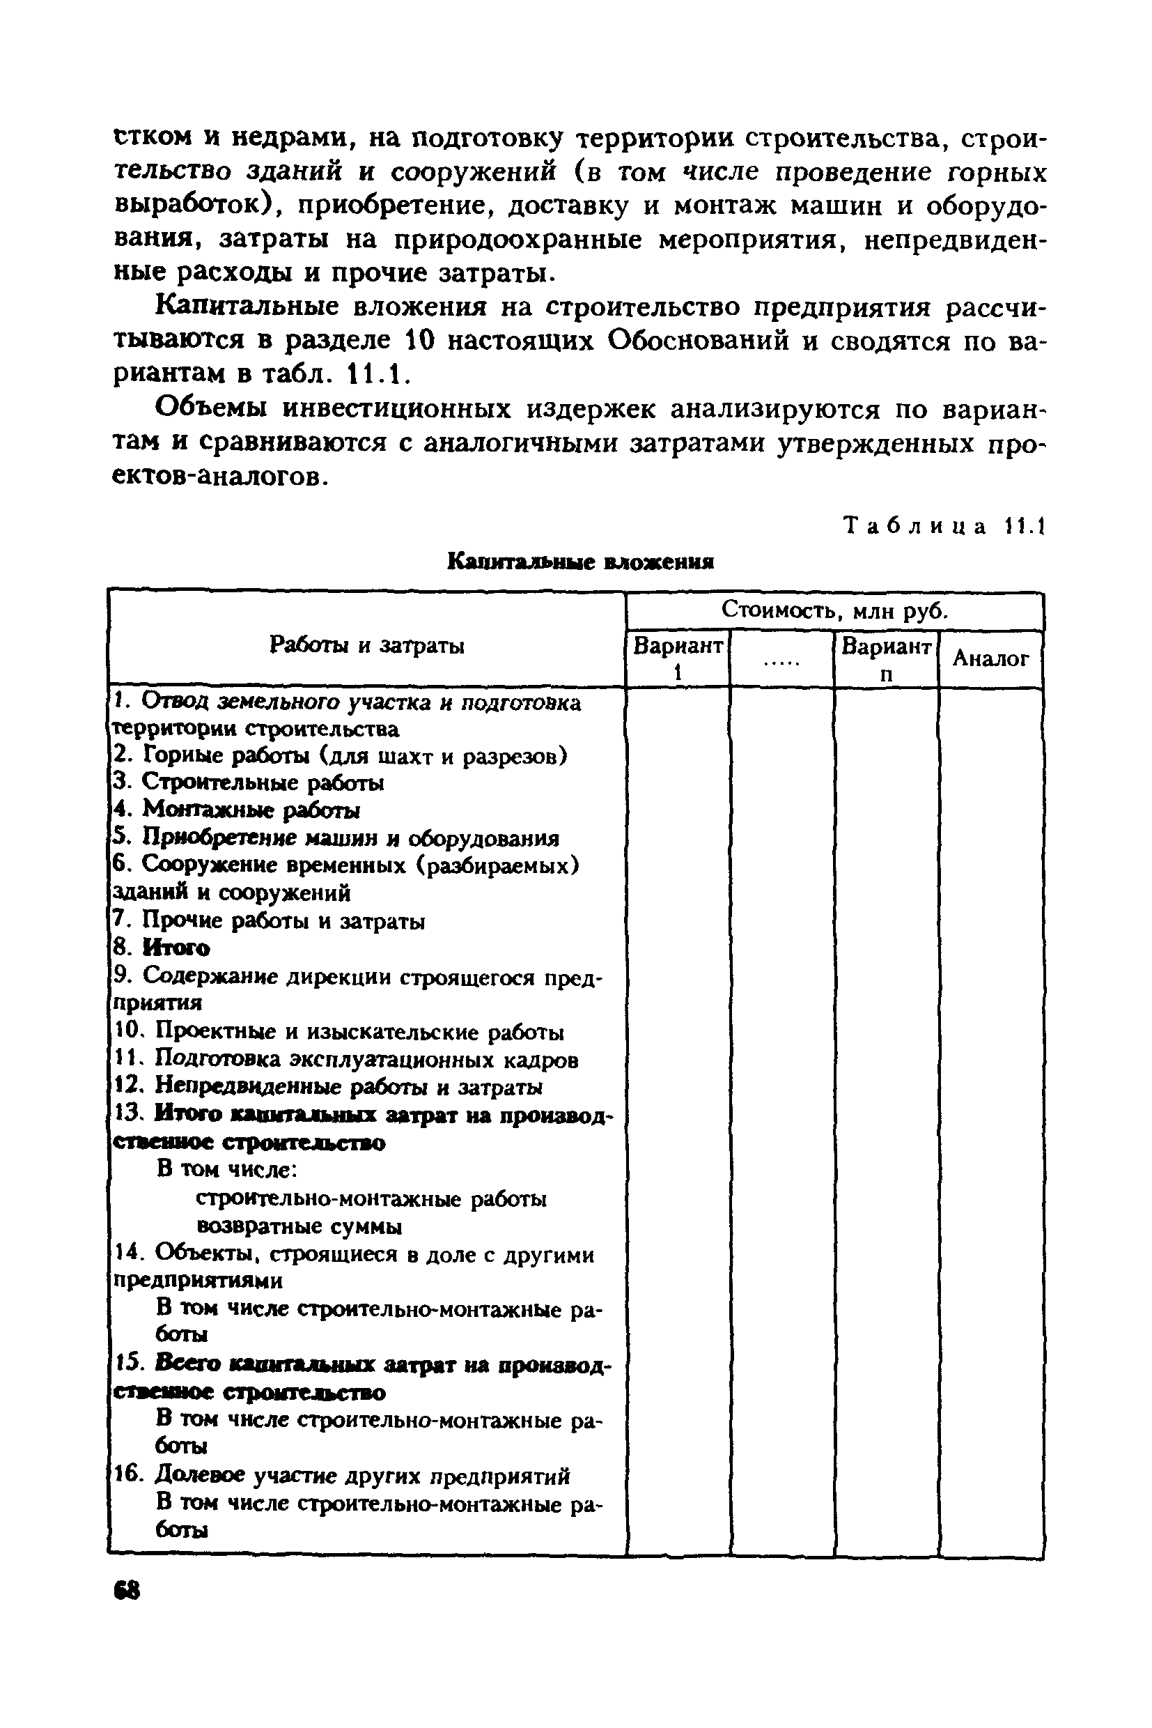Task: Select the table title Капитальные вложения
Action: pos(580,562)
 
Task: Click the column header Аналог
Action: pos(990,658)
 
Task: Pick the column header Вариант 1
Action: pos(678,658)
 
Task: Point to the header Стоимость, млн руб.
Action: pos(834,610)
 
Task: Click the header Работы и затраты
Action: pos(366,645)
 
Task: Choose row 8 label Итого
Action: pos(162,948)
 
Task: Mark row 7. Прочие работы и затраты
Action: pos(269,921)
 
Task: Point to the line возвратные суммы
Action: pos(299,1227)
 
